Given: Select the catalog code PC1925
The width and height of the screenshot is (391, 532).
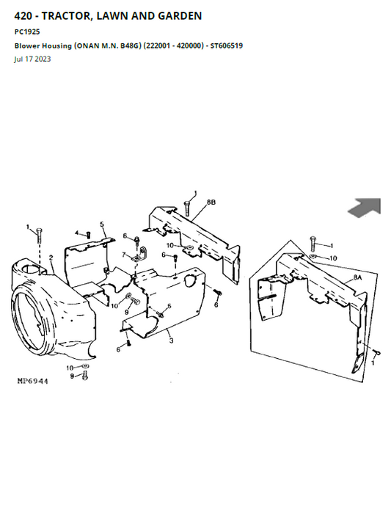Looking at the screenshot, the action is pyautogui.click(x=27, y=32).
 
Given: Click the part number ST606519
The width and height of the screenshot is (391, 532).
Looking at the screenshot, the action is pyautogui.click(x=227, y=45).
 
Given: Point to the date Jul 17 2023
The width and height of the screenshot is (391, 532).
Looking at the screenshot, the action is pyautogui.click(x=32, y=59).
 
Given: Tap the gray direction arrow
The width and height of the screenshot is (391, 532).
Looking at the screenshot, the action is pyautogui.click(x=365, y=207).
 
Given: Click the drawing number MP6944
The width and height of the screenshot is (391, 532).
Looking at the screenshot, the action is pyautogui.click(x=32, y=381).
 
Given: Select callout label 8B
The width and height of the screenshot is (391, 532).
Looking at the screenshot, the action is pyautogui.click(x=211, y=203).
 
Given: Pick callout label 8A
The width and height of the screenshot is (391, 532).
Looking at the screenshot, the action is pyautogui.click(x=358, y=277).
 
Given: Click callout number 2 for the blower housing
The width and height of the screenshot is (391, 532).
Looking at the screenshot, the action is pyautogui.click(x=51, y=258).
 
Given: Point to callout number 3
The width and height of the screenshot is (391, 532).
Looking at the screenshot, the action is pyautogui.click(x=171, y=340).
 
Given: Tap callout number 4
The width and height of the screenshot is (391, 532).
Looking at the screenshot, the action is pyautogui.click(x=76, y=233).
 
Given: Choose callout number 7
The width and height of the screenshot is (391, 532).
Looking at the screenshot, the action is pyautogui.click(x=124, y=254).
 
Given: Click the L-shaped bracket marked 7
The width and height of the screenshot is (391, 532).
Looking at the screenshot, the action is pyautogui.click(x=139, y=255).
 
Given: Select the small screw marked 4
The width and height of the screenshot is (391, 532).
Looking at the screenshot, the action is pyautogui.click(x=88, y=234).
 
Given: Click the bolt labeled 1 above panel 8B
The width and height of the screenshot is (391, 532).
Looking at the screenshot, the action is pyautogui.click(x=186, y=208).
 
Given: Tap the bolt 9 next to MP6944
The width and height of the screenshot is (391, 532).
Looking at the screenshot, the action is pyautogui.click(x=85, y=376).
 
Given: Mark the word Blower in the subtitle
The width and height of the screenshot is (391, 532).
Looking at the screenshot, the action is pyautogui.click(x=27, y=45).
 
